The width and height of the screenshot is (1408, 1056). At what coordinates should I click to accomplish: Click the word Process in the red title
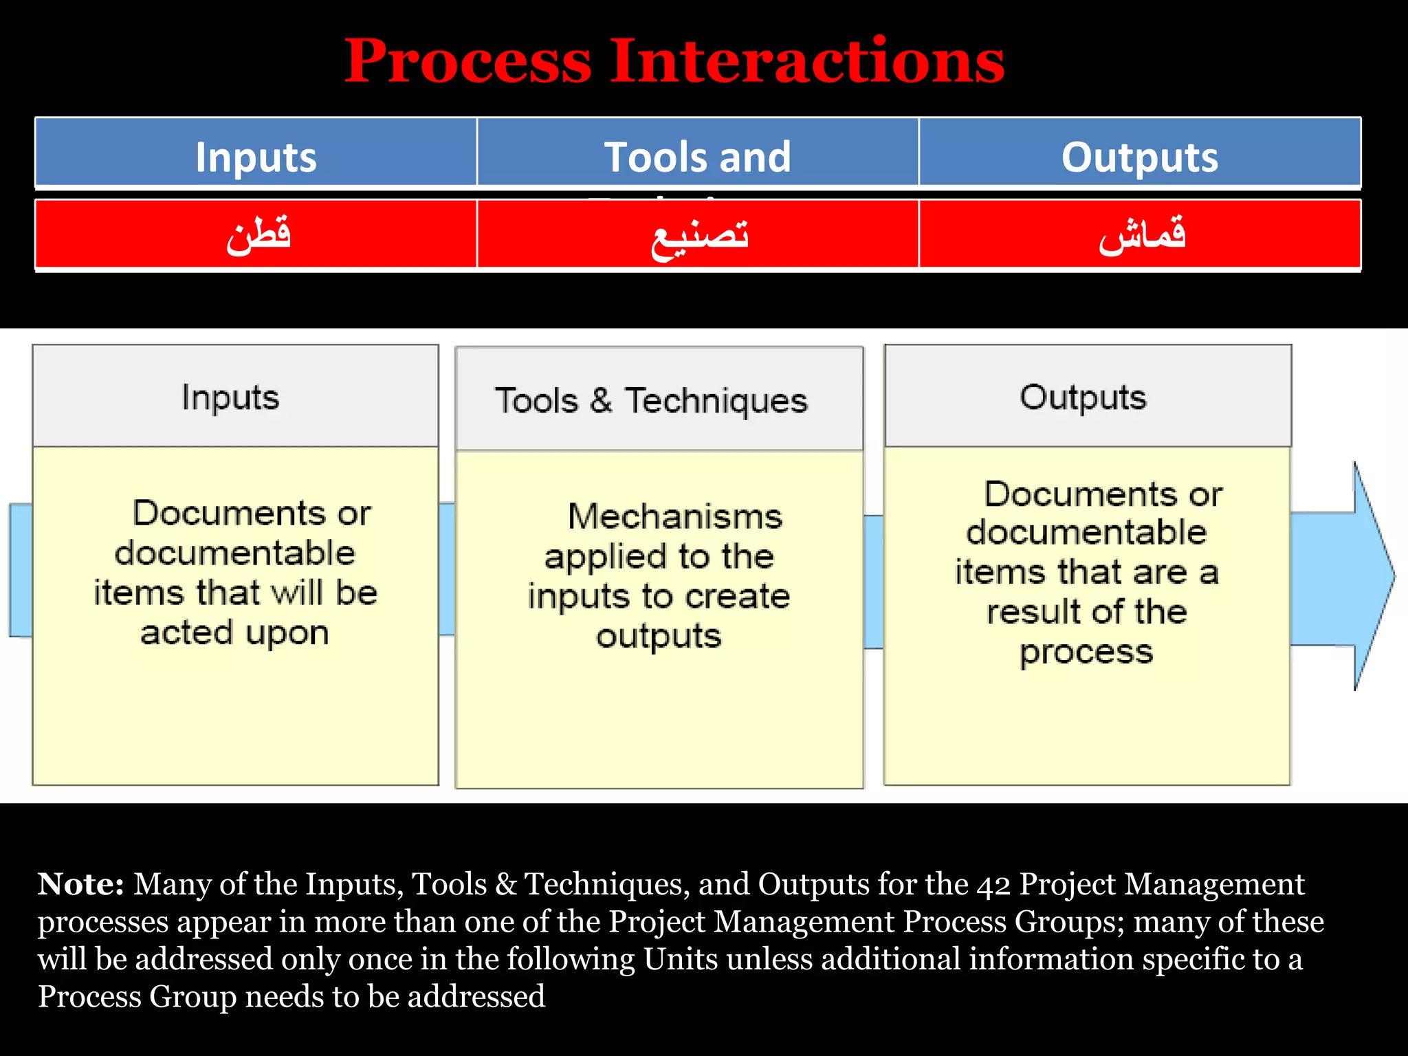point(467,62)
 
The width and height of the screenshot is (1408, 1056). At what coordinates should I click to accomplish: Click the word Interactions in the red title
point(807,62)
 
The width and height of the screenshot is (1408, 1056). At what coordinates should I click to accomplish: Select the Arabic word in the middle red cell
point(699,236)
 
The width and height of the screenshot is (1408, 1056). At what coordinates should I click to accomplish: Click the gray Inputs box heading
point(230,397)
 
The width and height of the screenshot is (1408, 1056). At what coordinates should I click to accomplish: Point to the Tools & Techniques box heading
point(651,401)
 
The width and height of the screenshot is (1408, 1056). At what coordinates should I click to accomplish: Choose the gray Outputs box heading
point(1083,397)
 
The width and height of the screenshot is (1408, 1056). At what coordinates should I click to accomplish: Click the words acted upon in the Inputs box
point(234,633)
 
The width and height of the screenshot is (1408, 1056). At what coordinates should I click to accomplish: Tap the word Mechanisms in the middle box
point(674,516)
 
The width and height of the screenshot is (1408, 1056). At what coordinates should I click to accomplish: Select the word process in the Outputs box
point(1086,652)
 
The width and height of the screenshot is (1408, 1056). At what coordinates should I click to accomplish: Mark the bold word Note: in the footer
point(80,884)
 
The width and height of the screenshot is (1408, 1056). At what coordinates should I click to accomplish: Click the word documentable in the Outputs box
point(1086,533)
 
